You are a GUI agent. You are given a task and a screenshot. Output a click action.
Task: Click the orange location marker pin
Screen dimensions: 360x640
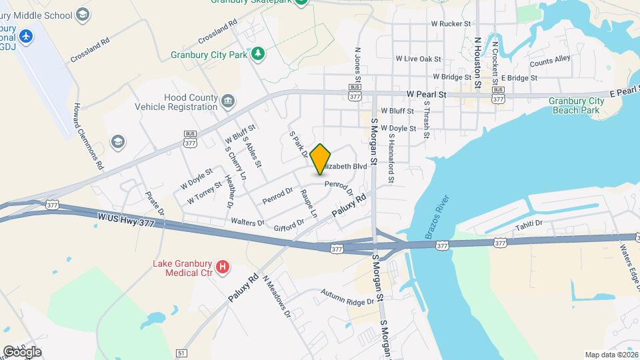pyautogui.click(x=321, y=158)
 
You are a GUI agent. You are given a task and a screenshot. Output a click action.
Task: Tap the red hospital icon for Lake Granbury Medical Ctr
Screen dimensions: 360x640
pyautogui.click(x=223, y=267)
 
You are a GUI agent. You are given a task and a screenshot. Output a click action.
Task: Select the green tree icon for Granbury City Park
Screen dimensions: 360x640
pyautogui.click(x=258, y=53)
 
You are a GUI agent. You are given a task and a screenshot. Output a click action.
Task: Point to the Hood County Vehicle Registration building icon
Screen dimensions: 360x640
pyautogui.click(x=228, y=101)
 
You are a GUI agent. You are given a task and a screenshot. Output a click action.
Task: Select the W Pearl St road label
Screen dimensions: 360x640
pyautogui.click(x=425, y=95)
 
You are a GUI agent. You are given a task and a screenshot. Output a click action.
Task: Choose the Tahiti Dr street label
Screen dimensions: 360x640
pyautogui.click(x=529, y=225)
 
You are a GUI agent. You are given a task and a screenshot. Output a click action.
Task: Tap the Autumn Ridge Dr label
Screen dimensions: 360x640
pyautogui.click(x=347, y=298)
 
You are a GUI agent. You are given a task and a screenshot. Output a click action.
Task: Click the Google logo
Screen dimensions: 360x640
pyautogui.click(x=22, y=351)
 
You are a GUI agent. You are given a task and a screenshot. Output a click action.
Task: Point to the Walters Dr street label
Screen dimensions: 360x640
pyautogui.click(x=247, y=221)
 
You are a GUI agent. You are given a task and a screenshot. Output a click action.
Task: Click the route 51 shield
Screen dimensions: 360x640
pyautogui.click(x=181, y=352)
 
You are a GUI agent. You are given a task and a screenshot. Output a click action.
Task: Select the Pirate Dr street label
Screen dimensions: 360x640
pyautogui.click(x=155, y=203)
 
